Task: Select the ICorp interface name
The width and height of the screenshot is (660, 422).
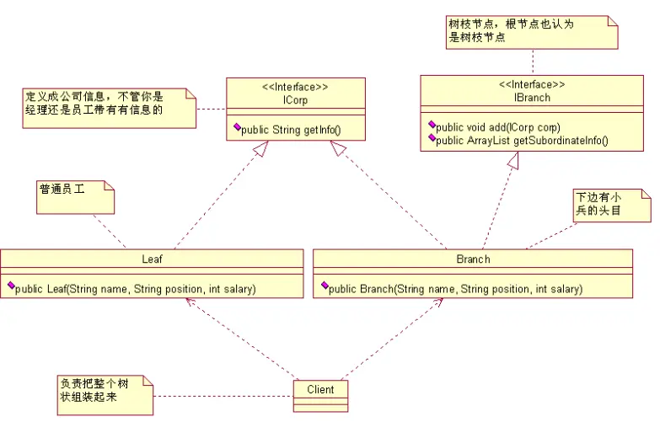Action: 295,99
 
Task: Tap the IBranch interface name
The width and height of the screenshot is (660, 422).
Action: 531,98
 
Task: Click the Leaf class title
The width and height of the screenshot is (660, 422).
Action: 151,259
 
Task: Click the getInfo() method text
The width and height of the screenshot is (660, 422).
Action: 290,131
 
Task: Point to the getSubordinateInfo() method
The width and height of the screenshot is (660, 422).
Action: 523,140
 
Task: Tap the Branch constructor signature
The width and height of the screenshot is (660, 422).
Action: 455,289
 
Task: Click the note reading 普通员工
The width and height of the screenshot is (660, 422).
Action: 74,196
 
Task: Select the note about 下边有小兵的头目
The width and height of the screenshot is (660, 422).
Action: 609,205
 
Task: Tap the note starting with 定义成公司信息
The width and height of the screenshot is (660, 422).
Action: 108,103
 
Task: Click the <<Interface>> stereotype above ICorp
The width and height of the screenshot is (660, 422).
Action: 295,87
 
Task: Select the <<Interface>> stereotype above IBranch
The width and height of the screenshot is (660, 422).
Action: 531,86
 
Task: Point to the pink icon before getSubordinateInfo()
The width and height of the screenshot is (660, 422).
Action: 432,139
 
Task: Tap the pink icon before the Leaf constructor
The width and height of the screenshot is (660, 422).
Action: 11,288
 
